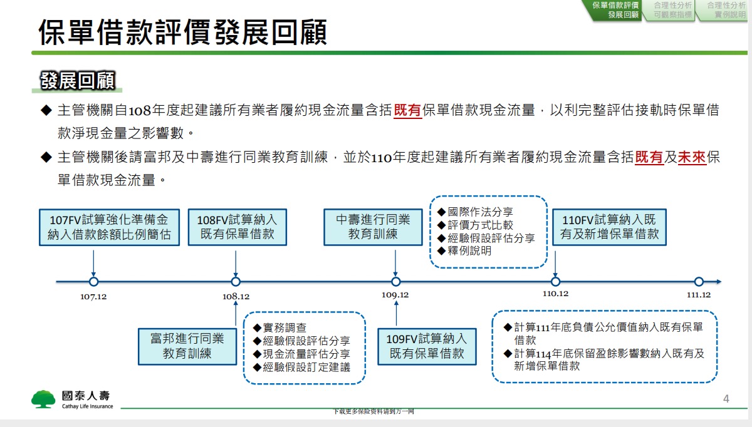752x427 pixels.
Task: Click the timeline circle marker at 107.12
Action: click(x=93, y=281)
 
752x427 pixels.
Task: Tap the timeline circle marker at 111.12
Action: click(x=699, y=281)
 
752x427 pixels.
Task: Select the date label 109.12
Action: click(x=395, y=295)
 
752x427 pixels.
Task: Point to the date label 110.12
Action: click(x=556, y=294)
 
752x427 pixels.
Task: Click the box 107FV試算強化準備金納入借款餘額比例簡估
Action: click(x=110, y=227)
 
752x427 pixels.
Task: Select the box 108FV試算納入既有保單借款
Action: click(x=238, y=227)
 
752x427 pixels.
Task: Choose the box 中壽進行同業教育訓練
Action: click(x=373, y=227)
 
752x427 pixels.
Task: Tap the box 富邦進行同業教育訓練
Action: click(x=187, y=346)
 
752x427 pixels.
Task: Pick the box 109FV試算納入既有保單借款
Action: click(x=427, y=346)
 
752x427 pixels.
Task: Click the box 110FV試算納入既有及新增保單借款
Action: click(x=609, y=227)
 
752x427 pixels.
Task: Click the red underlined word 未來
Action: click(x=692, y=157)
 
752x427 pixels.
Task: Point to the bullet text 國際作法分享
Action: click(x=481, y=212)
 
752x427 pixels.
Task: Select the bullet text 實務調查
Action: click(x=285, y=327)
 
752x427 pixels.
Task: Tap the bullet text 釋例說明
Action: click(x=469, y=250)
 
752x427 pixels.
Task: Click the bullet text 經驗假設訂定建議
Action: click(x=306, y=367)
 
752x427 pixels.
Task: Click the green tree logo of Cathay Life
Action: click(x=43, y=399)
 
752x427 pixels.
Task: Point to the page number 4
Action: click(x=726, y=399)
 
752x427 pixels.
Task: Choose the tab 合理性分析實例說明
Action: click(x=725, y=10)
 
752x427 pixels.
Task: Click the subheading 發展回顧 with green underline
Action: click(x=78, y=81)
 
